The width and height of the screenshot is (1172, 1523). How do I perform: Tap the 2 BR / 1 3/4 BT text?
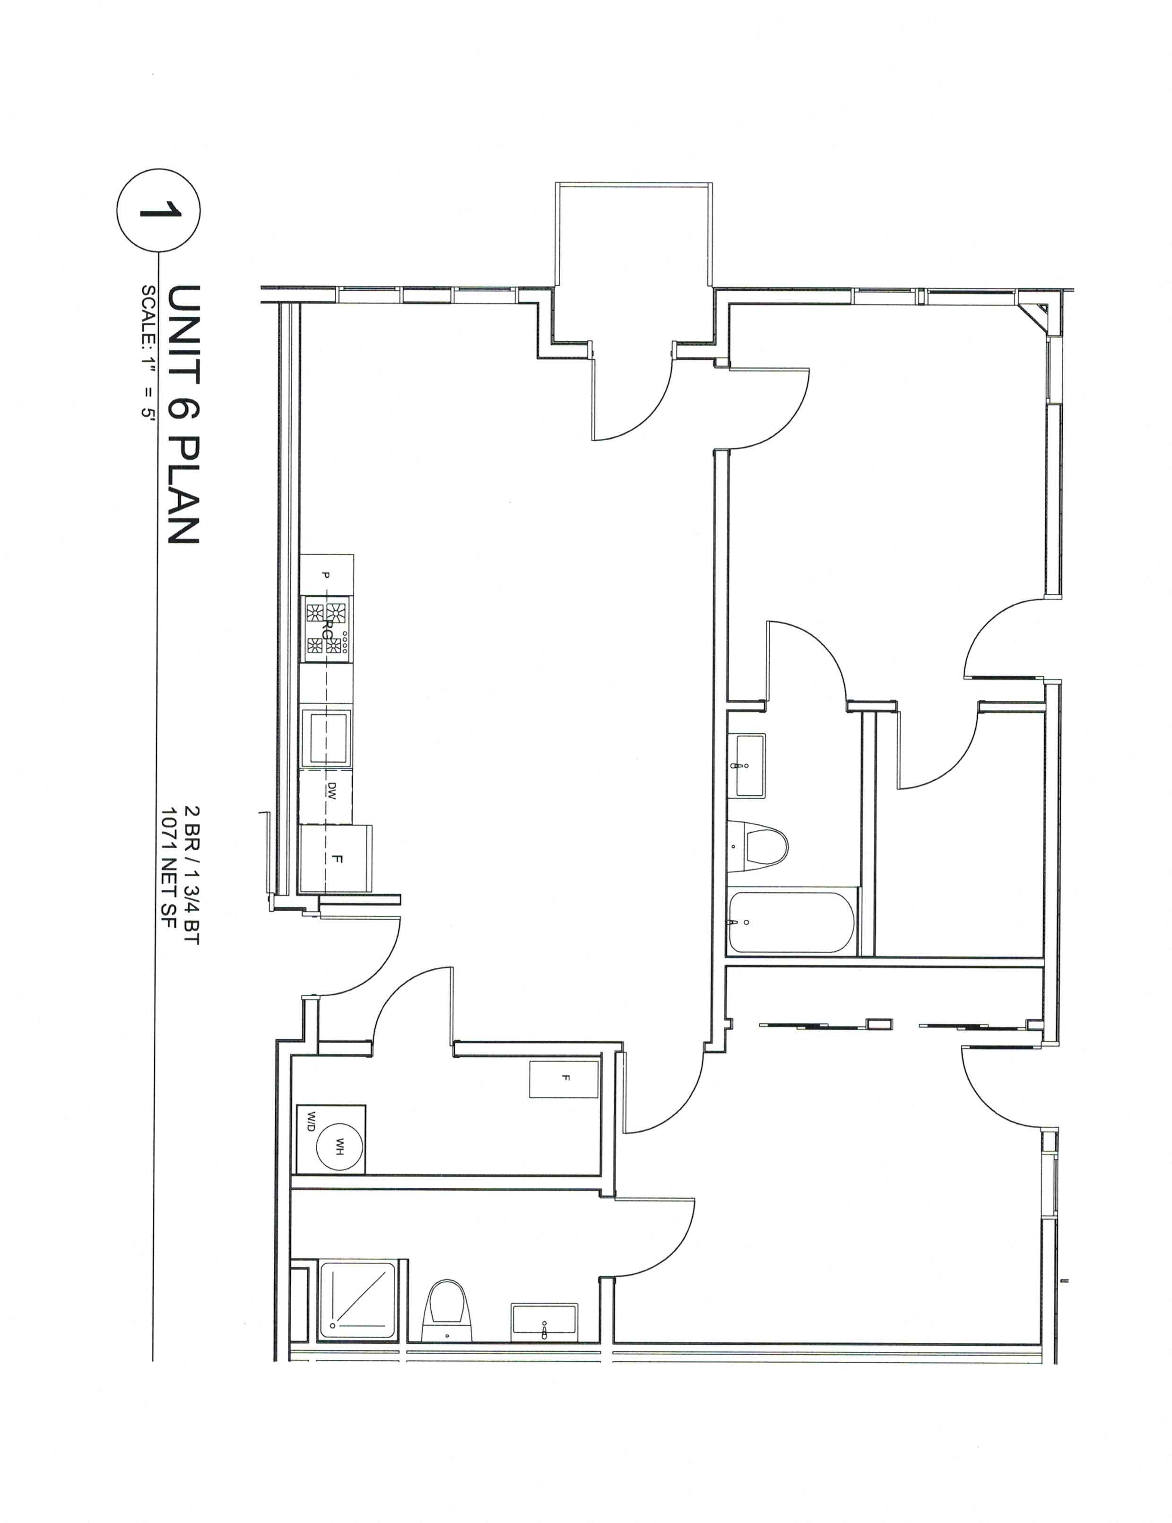tap(191, 875)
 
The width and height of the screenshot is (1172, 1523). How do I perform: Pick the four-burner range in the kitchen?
tap(326, 627)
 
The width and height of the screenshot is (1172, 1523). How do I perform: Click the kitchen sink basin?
tap(326, 736)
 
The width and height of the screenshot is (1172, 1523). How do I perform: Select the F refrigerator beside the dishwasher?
tap(336, 859)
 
